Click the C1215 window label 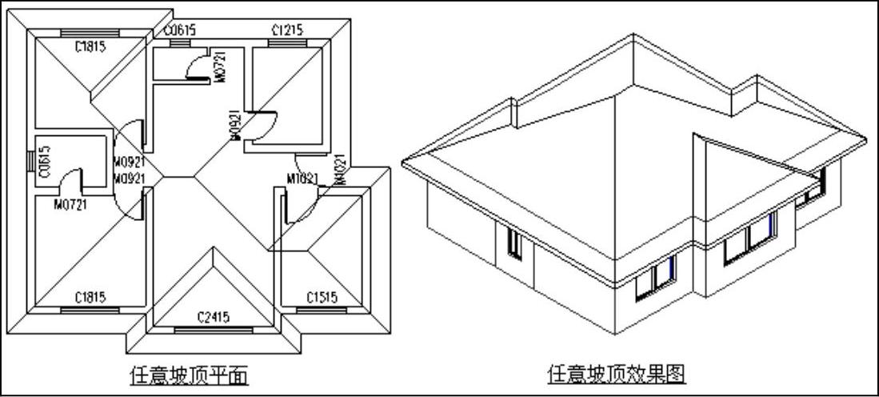pyautogui.click(x=287, y=30)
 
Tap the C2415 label pyautogui.click(x=213, y=317)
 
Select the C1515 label pyautogui.click(x=322, y=298)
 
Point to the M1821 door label pyautogui.click(x=303, y=178)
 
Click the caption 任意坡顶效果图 pyautogui.click(x=617, y=374)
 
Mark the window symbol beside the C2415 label pyautogui.click(x=213, y=329)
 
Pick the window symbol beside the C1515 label pyautogui.click(x=320, y=309)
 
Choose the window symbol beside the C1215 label pyautogui.click(x=287, y=42)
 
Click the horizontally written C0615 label pyautogui.click(x=180, y=30)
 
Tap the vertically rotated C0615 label pyautogui.click(x=45, y=161)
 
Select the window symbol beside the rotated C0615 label pyautogui.click(x=32, y=161)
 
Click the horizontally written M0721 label pyautogui.click(x=70, y=204)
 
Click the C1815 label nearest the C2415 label pyautogui.click(x=91, y=298)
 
